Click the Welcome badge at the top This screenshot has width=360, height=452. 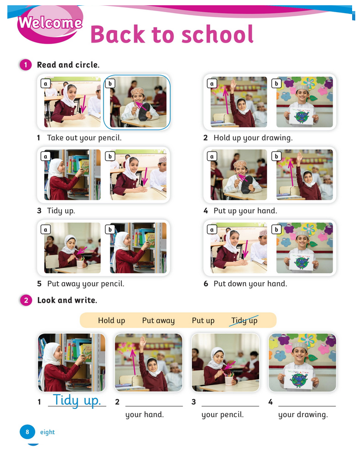click(50, 23)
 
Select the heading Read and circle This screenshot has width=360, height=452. click(68, 65)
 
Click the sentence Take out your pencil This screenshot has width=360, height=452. click(84, 138)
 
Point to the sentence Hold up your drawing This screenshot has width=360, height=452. click(253, 138)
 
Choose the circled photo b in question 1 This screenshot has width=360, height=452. click(137, 102)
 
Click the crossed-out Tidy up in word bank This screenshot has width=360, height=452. click(244, 321)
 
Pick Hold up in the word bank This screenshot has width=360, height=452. click(111, 321)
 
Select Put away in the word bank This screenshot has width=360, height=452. click(158, 321)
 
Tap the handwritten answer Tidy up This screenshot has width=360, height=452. click(77, 400)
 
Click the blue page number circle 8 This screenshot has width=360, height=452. click(27, 432)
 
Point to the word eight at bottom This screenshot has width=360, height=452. click(47, 433)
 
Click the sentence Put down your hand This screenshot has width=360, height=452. click(250, 284)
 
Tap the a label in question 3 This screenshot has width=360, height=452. click(46, 156)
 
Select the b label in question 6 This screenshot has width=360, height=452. click(276, 229)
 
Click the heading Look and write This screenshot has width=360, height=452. click(67, 301)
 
